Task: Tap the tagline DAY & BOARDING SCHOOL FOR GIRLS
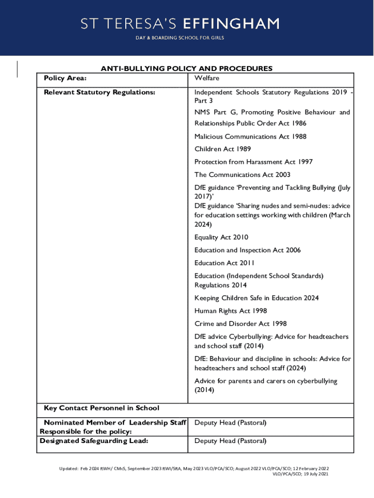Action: coord(180,38)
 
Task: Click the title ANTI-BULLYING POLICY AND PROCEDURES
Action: coord(187,69)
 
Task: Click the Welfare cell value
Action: coord(207,78)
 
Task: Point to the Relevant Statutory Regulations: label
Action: coord(100,92)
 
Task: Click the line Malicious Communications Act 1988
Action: coord(250,137)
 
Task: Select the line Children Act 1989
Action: coord(222,149)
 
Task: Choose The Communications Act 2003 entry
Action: coord(242,175)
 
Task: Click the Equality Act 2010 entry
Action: coord(221,237)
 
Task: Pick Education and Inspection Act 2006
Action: coord(247,250)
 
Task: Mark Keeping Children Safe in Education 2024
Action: coord(256,298)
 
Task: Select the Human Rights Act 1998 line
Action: coord(231,310)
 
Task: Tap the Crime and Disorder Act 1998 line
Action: coord(240,323)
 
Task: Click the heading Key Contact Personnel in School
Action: coord(102,408)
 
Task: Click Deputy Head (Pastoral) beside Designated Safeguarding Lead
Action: coord(230,441)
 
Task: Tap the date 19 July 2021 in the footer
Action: coord(314,474)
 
